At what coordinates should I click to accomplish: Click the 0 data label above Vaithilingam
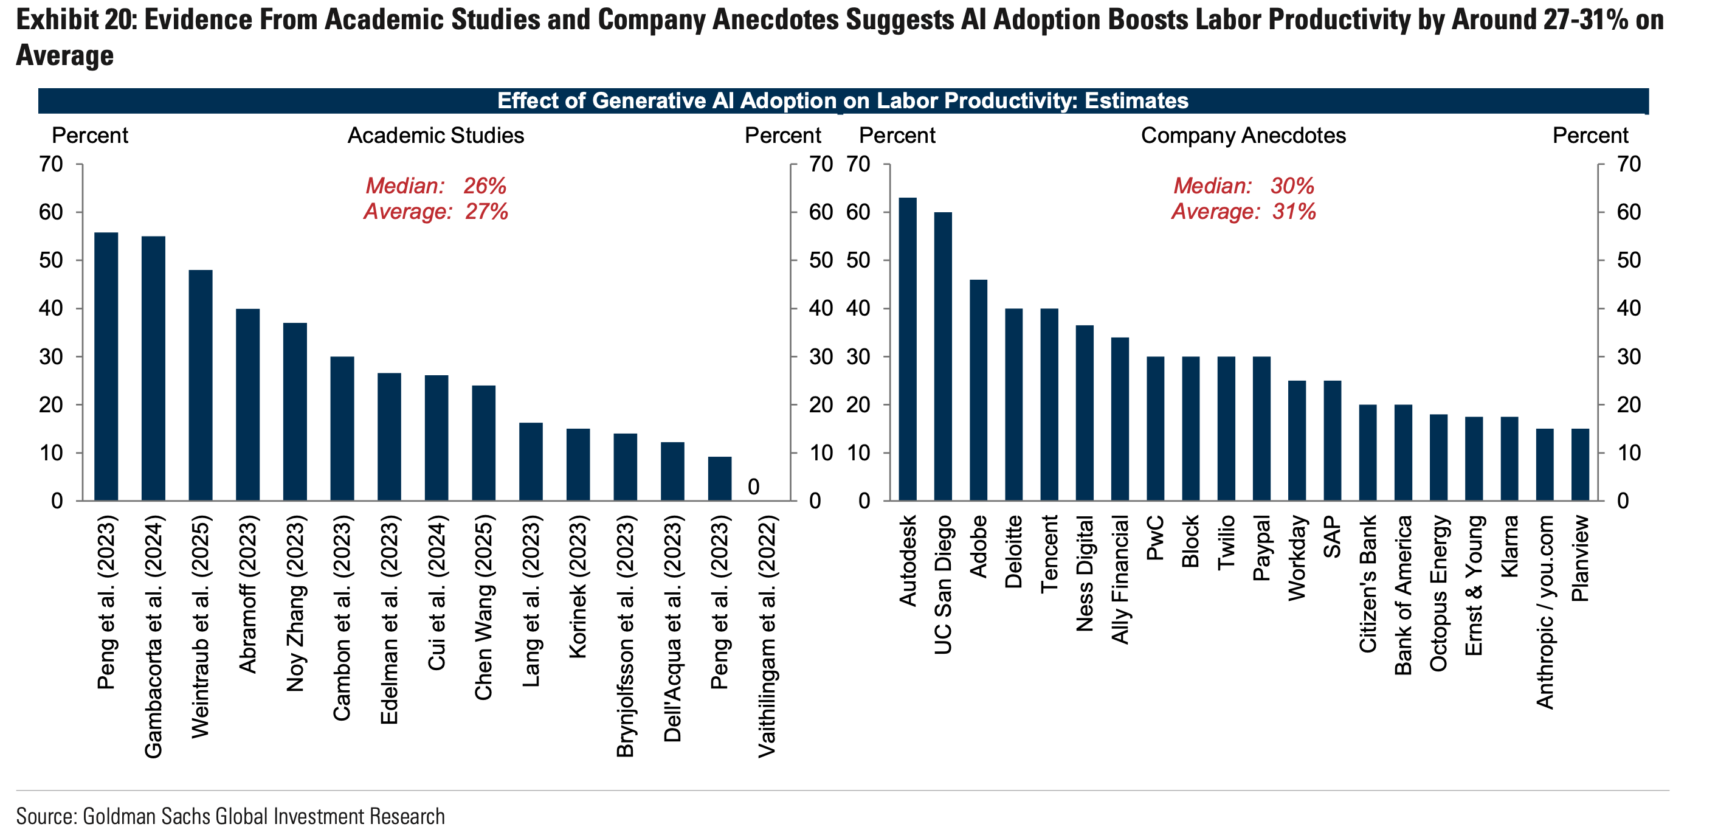[x=754, y=487]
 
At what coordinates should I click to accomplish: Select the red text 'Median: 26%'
[x=435, y=185]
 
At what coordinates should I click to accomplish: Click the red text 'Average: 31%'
[x=1244, y=212]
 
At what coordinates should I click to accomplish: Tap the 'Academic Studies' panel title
[x=435, y=136]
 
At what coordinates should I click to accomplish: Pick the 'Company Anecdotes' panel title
[x=1243, y=136]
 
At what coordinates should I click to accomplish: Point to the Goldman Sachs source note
[x=230, y=816]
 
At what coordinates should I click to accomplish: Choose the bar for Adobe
[x=978, y=390]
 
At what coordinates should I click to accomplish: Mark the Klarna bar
[x=1509, y=459]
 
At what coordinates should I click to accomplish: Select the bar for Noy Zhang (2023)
[x=295, y=412]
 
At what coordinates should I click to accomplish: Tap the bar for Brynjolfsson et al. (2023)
[x=626, y=467]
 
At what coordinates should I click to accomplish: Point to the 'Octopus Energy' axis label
[x=1438, y=593]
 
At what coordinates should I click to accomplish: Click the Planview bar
[x=1580, y=465]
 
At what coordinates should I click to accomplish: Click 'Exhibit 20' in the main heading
[x=76, y=20]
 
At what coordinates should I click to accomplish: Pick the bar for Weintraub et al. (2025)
[x=201, y=385]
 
